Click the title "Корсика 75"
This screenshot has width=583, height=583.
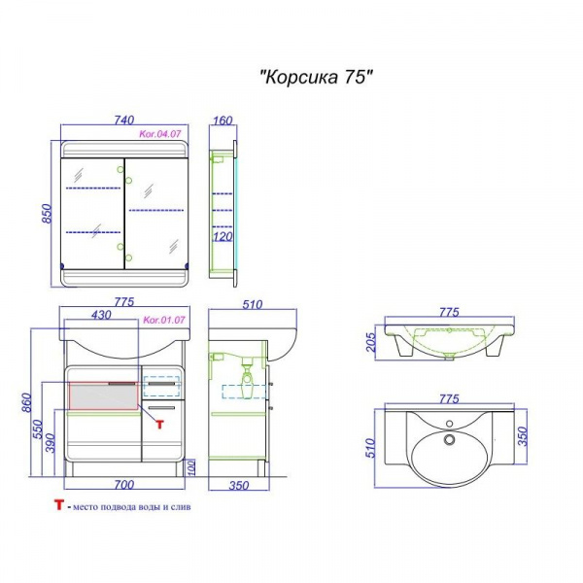[316, 78]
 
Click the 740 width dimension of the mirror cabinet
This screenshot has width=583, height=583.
[124, 120]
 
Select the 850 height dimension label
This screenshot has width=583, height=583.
[47, 214]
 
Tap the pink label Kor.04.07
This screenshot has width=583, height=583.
[160, 134]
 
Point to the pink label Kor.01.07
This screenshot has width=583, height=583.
[164, 320]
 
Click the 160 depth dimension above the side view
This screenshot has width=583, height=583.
[223, 120]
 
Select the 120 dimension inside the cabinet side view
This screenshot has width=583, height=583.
[223, 236]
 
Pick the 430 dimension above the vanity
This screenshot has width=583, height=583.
[101, 315]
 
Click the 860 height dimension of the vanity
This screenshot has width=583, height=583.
[27, 403]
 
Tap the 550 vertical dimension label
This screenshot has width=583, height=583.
[38, 429]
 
